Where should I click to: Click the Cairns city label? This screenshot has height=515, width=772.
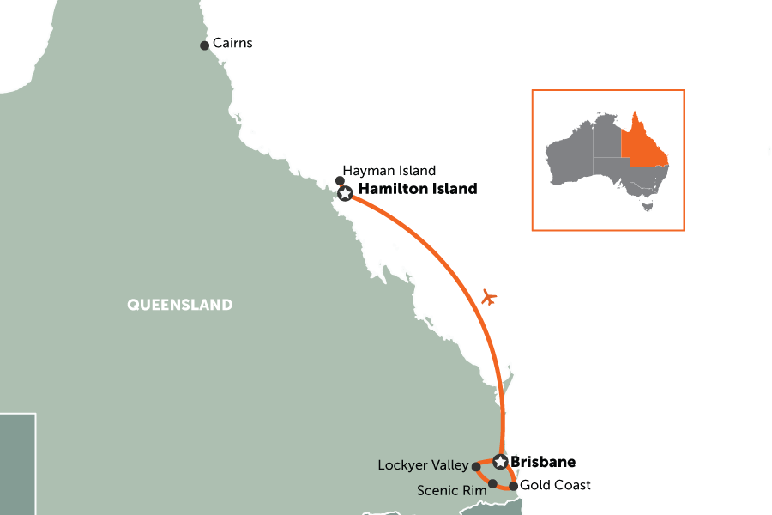[232, 44]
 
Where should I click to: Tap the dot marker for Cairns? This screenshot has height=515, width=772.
[204, 45]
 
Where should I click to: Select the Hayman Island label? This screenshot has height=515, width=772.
[389, 171]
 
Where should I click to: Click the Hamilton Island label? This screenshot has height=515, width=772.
[417, 189]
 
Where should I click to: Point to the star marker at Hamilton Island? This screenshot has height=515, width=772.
[345, 195]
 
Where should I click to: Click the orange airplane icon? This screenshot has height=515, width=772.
[490, 299]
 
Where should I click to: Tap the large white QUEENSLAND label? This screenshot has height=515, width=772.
[179, 304]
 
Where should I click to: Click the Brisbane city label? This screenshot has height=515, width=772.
[543, 462]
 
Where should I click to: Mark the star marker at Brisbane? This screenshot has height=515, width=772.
[500, 462]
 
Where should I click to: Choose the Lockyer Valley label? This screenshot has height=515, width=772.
[423, 465]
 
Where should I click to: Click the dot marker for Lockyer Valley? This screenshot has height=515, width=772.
[476, 466]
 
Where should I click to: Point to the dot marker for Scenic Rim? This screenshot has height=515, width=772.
[492, 483]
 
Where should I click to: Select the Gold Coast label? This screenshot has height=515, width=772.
[555, 486]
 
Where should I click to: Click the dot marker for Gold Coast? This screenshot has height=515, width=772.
[513, 486]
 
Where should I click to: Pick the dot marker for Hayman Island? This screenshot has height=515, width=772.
[340, 180]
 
